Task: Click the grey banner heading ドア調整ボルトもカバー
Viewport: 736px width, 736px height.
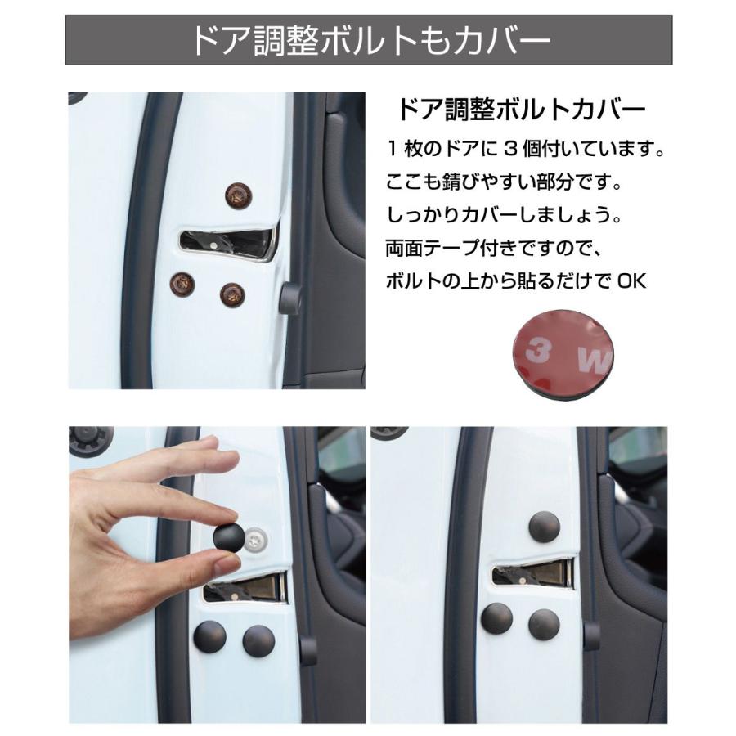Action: click(x=368, y=40)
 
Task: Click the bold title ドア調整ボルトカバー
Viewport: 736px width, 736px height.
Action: click(x=522, y=110)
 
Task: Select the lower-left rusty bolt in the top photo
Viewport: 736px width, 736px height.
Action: click(x=182, y=285)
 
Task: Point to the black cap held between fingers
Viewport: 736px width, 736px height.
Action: click(x=228, y=538)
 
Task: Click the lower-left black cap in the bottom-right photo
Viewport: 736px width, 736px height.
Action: click(x=496, y=619)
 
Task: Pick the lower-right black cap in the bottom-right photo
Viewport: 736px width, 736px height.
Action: click(x=543, y=624)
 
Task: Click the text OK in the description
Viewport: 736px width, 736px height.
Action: click(x=631, y=281)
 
